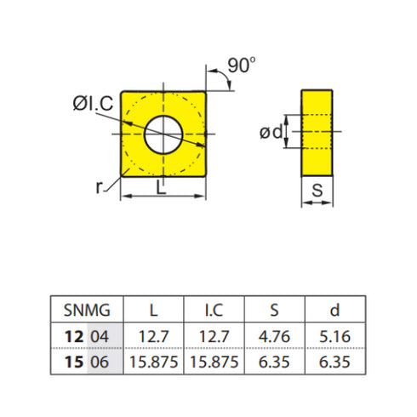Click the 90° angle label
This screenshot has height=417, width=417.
241,66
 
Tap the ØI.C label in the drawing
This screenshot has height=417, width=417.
91,106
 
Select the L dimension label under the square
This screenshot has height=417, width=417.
161,190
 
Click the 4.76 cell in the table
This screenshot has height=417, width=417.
274,337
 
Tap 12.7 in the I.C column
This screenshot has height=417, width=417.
214,337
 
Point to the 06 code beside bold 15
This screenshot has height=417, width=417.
100,361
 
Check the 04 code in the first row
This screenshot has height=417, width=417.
100,337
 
